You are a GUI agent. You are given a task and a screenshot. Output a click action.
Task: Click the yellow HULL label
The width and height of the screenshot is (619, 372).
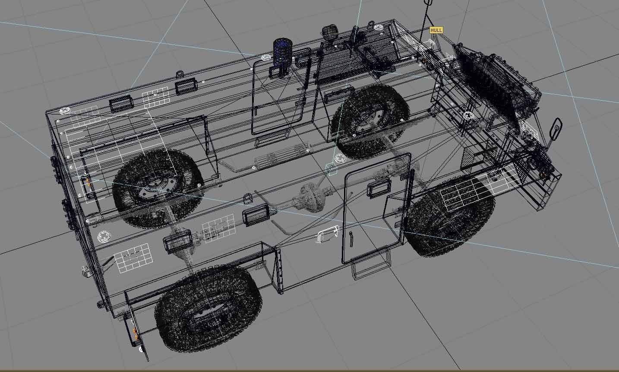[x=436, y=30]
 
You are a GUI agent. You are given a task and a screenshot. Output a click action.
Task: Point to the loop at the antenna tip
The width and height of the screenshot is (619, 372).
[x=428, y=3]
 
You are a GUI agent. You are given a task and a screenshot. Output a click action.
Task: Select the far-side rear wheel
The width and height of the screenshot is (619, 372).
[x=158, y=183]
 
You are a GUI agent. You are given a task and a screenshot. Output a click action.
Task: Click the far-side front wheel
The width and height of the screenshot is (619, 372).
[x=370, y=121]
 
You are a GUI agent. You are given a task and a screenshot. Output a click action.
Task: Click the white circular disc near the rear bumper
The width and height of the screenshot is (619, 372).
[x=104, y=236]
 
